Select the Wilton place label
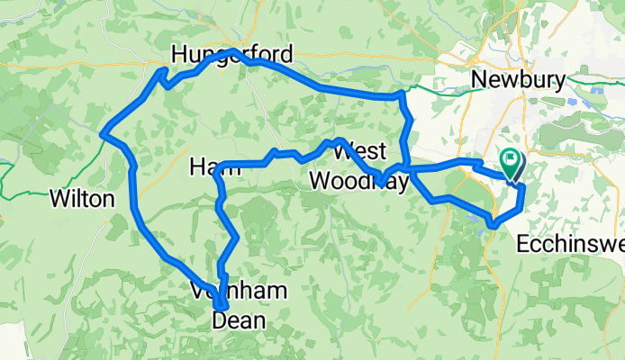coord(83,199)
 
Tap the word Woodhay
coord(358,181)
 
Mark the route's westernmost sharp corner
coord(103,133)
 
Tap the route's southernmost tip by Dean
coord(219,310)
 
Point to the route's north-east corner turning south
coord(400,94)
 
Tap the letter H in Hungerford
coord(180,54)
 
